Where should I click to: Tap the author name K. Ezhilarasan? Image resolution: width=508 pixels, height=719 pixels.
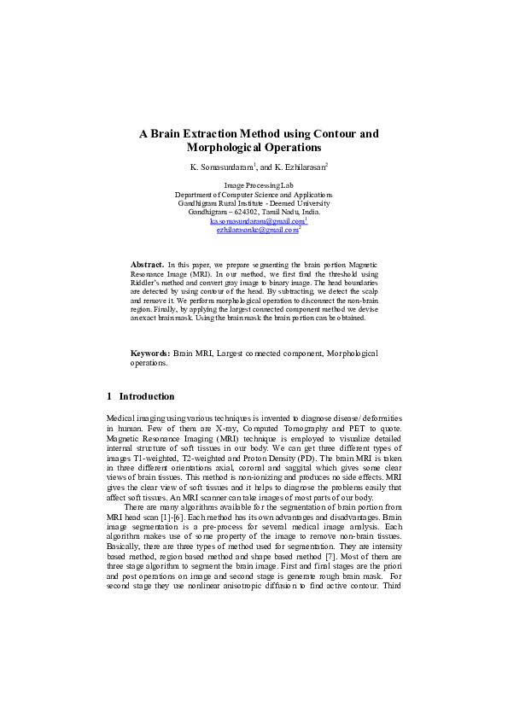pos(301,167)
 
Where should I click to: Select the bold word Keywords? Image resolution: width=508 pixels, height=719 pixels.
pos(149,353)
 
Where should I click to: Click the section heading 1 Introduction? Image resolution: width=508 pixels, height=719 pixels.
pos(141,396)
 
